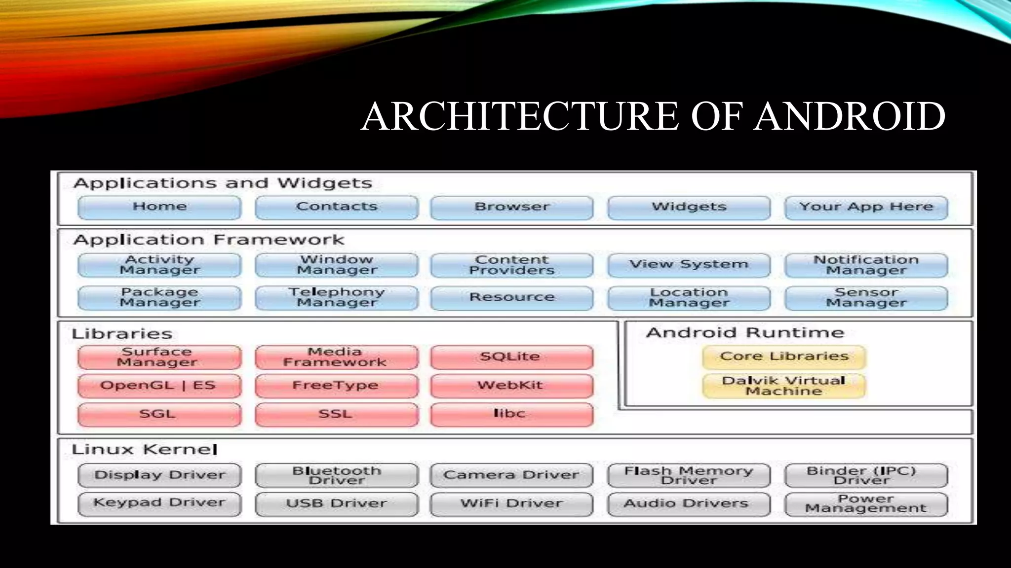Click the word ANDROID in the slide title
[x=849, y=116]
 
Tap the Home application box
[x=159, y=207]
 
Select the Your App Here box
[x=866, y=207]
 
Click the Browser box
[x=511, y=207]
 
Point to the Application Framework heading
[x=208, y=240]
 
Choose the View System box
[x=689, y=265]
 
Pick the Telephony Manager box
[x=337, y=297]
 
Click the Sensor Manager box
[x=866, y=297]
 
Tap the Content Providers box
[x=511, y=265]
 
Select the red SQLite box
[x=511, y=357]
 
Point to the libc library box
[x=511, y=414]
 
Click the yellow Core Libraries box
[x=783, y=357]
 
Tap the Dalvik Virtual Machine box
[x=783, y=386]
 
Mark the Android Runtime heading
[x=744, y=333]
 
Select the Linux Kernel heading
[x=144, y=450]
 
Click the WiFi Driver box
[x=511, y=504]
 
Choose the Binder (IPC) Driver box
[x=866, y=475]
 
